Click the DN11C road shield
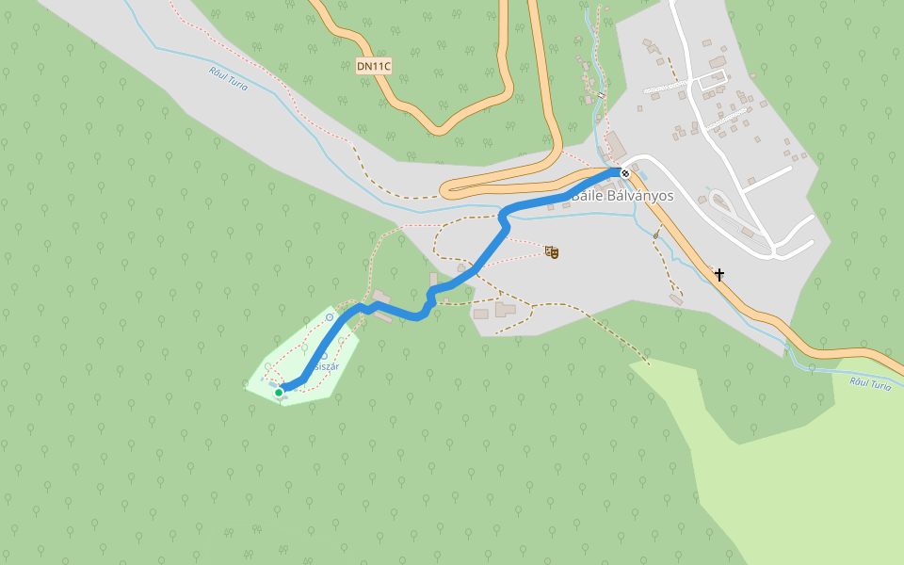(374, 66)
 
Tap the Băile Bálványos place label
(622, 196)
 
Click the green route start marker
(279, 393)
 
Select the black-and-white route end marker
(624, 173)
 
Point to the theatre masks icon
(553, 251)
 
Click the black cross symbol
(719, 275)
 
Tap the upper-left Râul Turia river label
(229, 78)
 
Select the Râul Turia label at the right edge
(870, 383)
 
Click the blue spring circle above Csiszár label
(324, 355)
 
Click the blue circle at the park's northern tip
(330, 317)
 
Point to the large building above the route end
(615, 147)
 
